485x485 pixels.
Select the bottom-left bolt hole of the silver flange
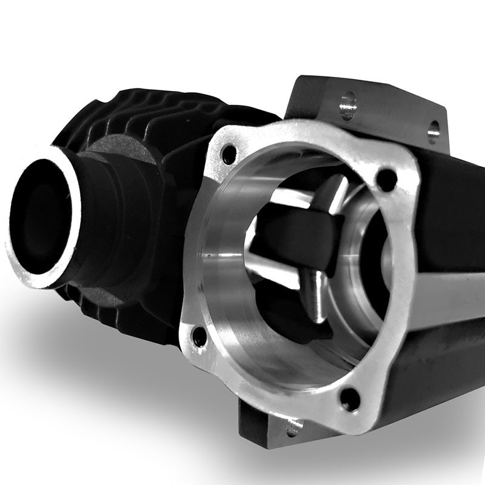pyautogui.click(x=199, y=335)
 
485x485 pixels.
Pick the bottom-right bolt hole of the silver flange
pyautogui.click(x=350, y=397)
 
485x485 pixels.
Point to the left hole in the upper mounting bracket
pyautogui.click(x=348, y=105)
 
